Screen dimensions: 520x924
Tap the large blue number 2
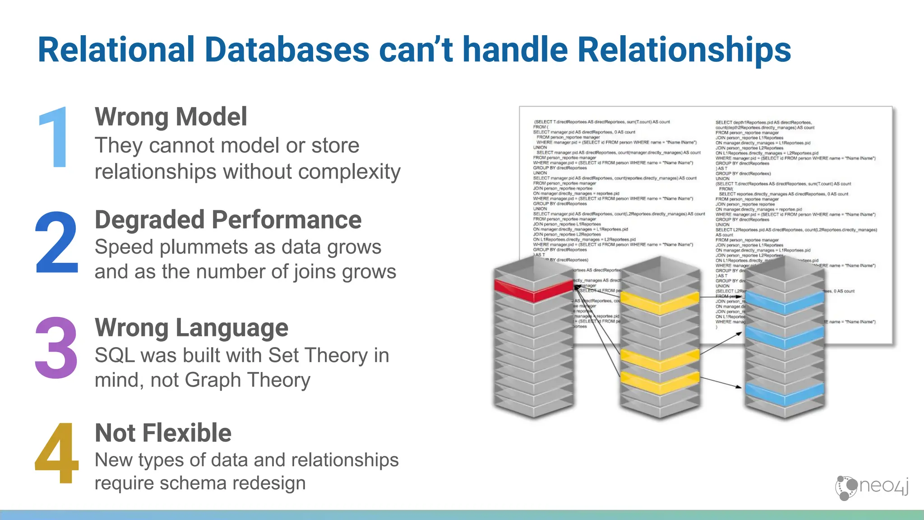[57, 244]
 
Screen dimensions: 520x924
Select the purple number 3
[56, 348]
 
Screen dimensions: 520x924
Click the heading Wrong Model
[171, 117]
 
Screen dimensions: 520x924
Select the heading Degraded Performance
[228, 220]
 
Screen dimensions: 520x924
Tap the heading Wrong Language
[191, 328]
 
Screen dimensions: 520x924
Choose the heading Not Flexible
[163, 433]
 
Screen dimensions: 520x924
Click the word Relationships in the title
[684, 50]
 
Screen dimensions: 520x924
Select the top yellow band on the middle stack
[660, 302]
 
